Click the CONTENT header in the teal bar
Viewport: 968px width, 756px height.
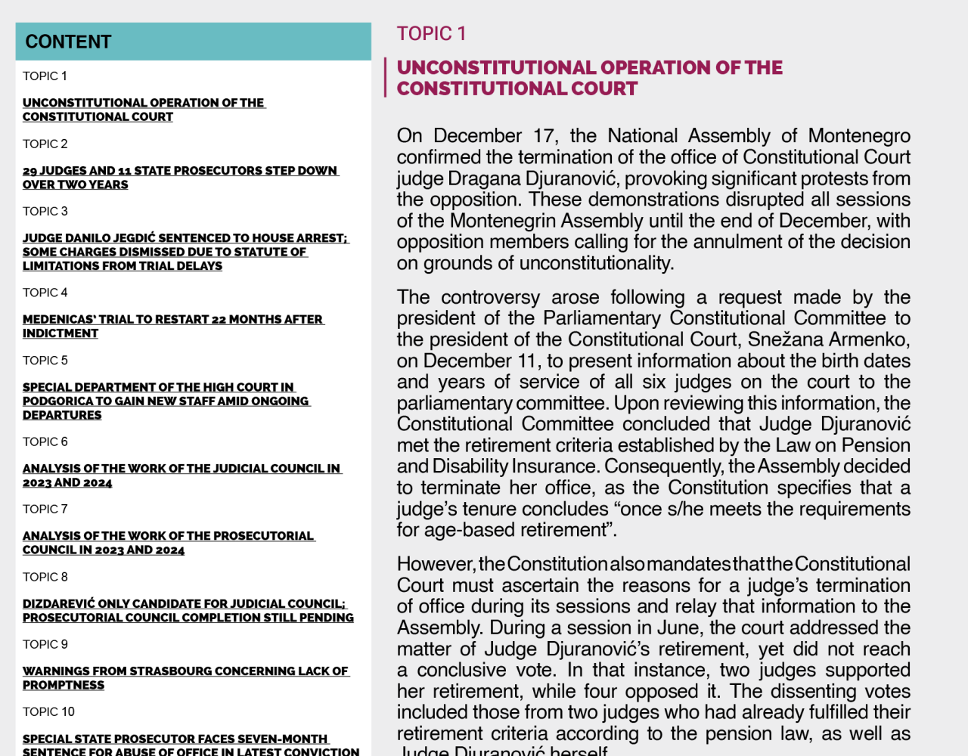click(68, 42)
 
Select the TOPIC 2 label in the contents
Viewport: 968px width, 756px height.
click(45, 144)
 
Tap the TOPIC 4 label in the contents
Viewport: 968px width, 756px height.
click(45, 293)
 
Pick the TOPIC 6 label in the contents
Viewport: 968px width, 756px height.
click(45, 442)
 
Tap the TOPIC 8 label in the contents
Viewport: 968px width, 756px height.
click(45, 577)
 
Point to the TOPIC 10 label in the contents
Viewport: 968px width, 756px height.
click(48, 711)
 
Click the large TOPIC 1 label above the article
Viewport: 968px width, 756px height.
click(431, 34)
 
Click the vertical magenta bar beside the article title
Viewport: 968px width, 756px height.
click(385, 77)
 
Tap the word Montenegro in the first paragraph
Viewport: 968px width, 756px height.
click(859, 136)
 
